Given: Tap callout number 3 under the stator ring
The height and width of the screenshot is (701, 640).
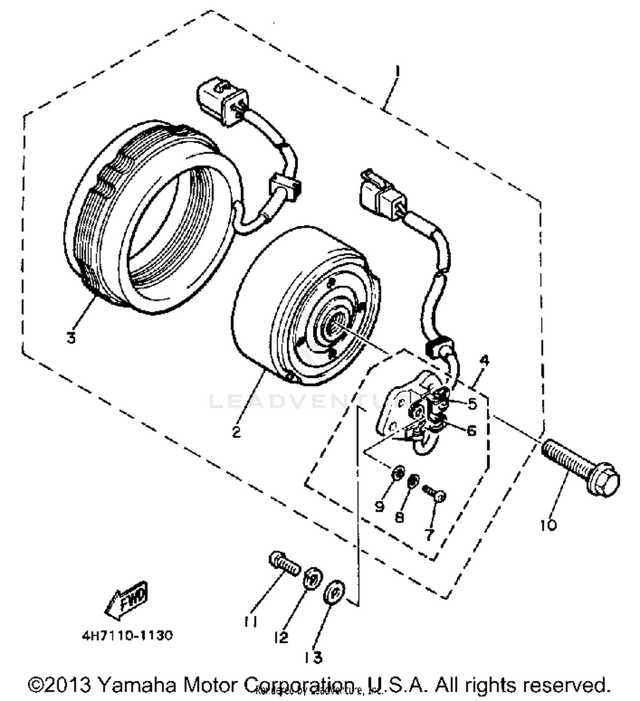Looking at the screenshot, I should (x=71, y=338).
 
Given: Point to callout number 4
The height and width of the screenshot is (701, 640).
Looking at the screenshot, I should (x=484, y=360).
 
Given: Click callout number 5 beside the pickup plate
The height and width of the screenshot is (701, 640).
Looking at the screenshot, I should (x=472, y=403).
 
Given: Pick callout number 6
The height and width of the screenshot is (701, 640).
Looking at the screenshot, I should (x=471, y=430).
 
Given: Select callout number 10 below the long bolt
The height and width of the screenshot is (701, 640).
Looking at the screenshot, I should (x=548, y=525).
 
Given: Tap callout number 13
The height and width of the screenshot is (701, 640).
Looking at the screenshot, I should (x=314, y=657).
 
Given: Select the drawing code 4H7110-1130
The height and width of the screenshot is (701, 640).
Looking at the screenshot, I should (x=128, y=635).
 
